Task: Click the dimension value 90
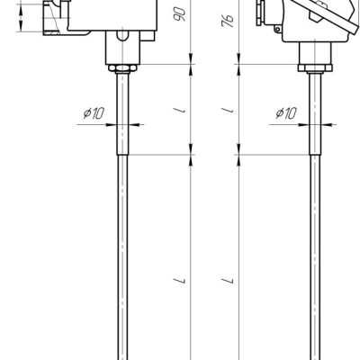180,14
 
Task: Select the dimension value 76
228,21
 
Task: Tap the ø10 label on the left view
94,113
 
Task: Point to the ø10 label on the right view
286,113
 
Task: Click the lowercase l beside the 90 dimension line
181,111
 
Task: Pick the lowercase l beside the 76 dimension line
229,111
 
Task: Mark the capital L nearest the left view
181,281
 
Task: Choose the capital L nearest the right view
229,281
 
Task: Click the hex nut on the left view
122,68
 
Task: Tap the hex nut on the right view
315,68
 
